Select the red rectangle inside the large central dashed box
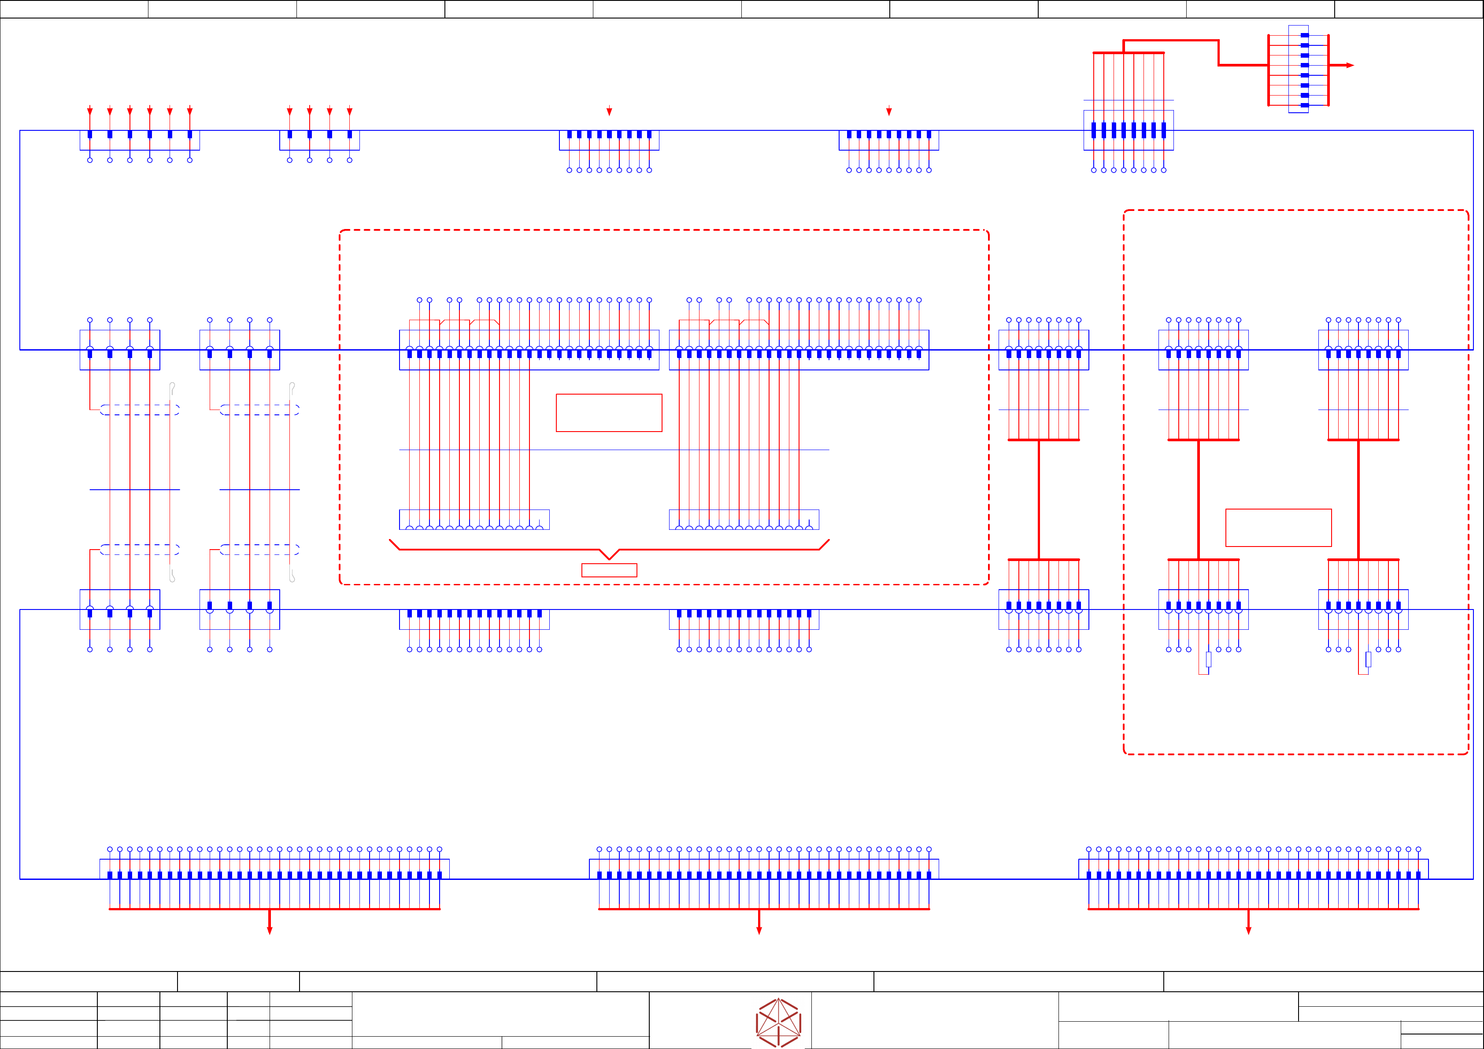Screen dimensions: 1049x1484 [609, 412]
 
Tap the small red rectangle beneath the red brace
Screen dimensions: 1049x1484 [609, 570]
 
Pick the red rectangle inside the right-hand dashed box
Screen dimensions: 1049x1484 [1278, 528]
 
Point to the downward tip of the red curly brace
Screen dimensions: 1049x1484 [609, 558]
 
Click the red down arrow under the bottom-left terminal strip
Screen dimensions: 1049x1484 [270, 930]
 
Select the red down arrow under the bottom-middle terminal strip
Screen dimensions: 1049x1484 [759, 930]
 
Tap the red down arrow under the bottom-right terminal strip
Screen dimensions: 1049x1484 [1248, 930]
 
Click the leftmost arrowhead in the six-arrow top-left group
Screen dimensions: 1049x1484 [90, 111]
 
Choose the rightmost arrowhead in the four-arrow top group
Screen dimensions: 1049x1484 [350, 111]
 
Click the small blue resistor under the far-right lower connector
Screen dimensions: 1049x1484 [1368, 659]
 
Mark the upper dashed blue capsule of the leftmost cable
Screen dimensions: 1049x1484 [140, 410]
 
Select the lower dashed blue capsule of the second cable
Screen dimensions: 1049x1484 [259, 550]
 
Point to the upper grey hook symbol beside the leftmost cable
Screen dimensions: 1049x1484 [172, 388]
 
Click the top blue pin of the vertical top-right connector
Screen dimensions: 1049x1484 [1304, 35]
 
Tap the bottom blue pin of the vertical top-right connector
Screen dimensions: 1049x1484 [1304, 105]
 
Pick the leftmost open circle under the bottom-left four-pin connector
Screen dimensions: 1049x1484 [90, 650]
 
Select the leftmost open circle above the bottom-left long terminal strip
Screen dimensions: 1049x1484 [110, 849]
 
